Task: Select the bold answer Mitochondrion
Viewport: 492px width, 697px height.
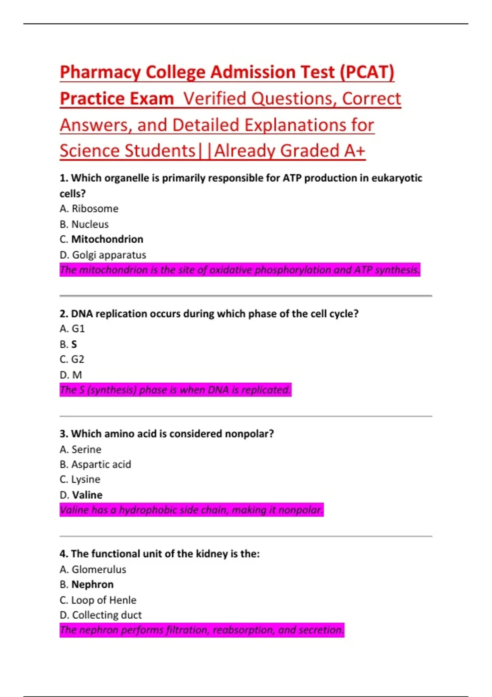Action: (107, 239)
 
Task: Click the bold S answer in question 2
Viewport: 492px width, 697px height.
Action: (74, 344)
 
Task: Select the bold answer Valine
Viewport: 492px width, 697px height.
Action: (87, 495)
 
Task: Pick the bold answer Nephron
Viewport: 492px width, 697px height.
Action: (92, 584)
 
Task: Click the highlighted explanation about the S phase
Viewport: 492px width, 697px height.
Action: (175, 389)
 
